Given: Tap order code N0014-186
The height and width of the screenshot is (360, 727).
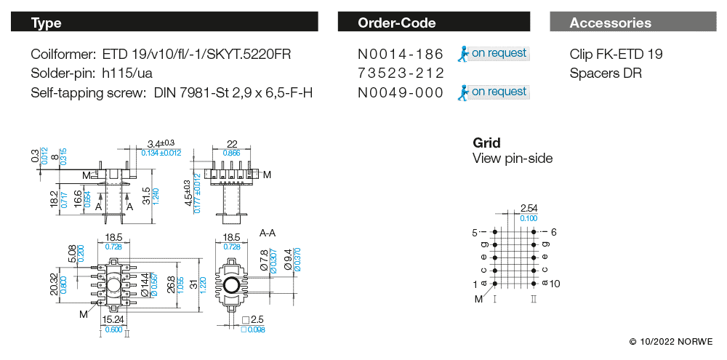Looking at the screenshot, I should click(x=401, y=55).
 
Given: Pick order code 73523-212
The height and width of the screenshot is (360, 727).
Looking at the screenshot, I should click(x=401, y=73).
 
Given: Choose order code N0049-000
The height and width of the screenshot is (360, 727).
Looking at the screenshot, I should click(x=401, y=92).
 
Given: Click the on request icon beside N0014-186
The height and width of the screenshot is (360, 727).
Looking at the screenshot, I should click(x=462, y=53).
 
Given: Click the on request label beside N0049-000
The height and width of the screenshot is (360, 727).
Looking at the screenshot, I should click(x=499, y=92).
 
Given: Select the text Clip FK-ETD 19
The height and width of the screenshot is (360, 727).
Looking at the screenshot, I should click(x=616, y=55).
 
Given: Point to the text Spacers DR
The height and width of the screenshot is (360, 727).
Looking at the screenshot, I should click(x=606, y=73).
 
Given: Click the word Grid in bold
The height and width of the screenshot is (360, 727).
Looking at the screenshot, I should click(x=486, y=143).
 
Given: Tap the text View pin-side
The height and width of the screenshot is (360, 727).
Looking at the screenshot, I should click(x=513, y=159).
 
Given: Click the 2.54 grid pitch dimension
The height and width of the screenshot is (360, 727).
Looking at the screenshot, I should click(x=529, y=209).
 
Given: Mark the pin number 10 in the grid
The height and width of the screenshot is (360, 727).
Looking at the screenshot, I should click(x=555, y=284).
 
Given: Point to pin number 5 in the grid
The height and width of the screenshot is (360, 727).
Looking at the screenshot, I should click(x=475, y=233).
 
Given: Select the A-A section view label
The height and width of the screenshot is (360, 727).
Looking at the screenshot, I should click(x=268, y=233).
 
